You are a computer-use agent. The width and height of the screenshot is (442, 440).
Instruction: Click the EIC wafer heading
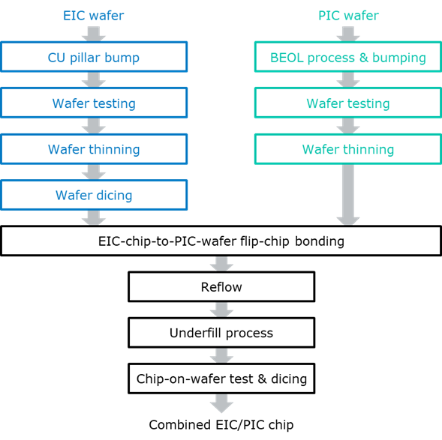point(94,15)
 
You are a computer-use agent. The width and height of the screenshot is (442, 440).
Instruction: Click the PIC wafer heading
point(347,15)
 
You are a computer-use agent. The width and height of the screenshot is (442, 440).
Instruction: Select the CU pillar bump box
point(94,57)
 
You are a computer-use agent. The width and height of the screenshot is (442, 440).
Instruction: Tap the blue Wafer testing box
point(94,103)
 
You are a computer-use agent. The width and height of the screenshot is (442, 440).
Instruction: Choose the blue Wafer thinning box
point(94,149)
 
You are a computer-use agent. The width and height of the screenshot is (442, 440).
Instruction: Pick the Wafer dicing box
point(94,196)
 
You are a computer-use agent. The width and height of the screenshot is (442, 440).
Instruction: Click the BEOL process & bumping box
point(347,57)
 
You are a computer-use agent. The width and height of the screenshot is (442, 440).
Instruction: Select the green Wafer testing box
point(347,103)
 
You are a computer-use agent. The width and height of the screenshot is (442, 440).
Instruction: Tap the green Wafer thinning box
point(347,149)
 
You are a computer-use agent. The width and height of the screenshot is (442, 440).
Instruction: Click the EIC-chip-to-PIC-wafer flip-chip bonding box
point(221,241)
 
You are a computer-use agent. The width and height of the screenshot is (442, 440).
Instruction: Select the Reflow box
point(221,287)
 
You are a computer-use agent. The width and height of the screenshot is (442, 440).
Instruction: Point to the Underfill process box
point(221,333)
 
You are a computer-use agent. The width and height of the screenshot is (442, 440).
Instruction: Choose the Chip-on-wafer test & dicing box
point(221,379)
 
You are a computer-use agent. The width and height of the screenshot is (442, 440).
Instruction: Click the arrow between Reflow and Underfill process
point(221,310)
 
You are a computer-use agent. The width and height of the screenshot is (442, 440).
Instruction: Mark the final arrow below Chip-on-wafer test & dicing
point(221,403)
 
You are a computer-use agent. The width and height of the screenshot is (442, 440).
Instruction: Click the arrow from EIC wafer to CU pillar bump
point(94,33)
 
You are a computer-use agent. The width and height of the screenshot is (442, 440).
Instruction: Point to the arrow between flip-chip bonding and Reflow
point(221,264)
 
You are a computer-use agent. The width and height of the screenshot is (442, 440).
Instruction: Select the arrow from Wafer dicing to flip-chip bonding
point(94,218)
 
